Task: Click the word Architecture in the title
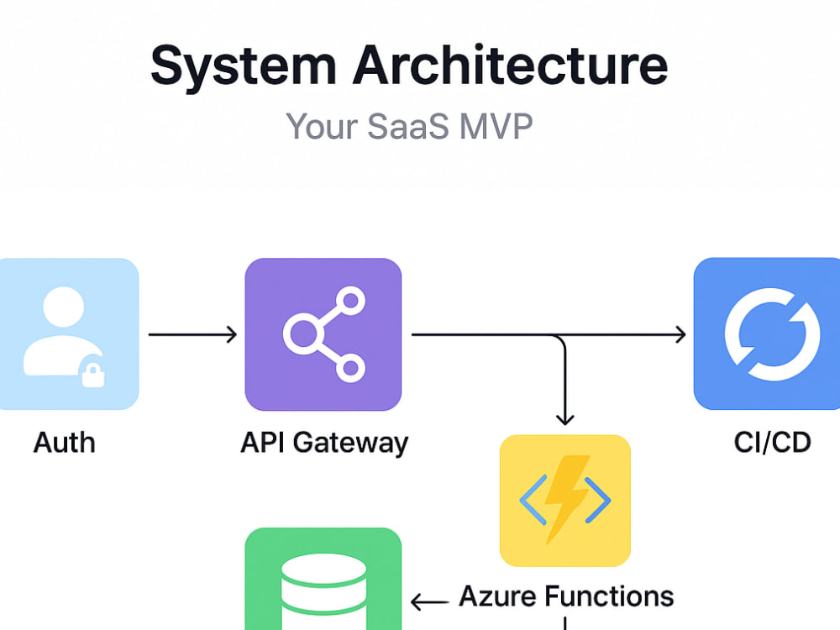pos(511,65)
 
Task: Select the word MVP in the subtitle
pos(496,127)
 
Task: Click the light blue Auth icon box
pos(69,333)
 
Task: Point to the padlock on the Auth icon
pos(92,374)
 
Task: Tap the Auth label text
pos(65,443)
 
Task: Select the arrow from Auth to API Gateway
pos(192,334)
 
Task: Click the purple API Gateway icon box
pos(323,334)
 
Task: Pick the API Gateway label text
pos(324,444)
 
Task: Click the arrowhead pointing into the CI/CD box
pos(680,334)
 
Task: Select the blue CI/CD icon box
pos(767,333)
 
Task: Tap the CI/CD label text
pos(772,443)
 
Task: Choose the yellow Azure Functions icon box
pos(564,501)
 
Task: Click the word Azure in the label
pos(497,596)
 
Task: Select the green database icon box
pos(323,579)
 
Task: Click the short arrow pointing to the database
pos(429,602)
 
